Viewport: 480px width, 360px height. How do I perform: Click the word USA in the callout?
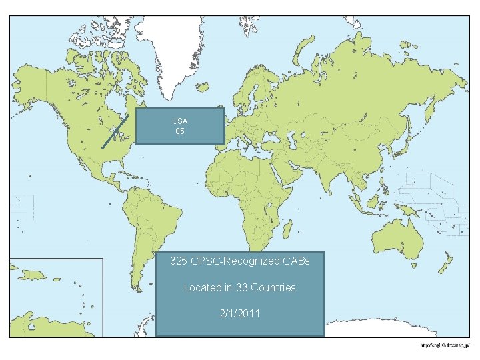coord(179,121)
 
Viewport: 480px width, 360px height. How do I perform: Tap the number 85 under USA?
coord(179,131)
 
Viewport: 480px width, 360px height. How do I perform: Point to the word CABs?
coord(297,261)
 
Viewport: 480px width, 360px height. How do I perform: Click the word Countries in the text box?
coord(273,287)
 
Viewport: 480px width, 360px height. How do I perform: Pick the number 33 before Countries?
coord(242,287)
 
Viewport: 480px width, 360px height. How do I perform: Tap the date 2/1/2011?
coord(239,313)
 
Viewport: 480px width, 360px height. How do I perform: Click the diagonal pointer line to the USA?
coord(114,130)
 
